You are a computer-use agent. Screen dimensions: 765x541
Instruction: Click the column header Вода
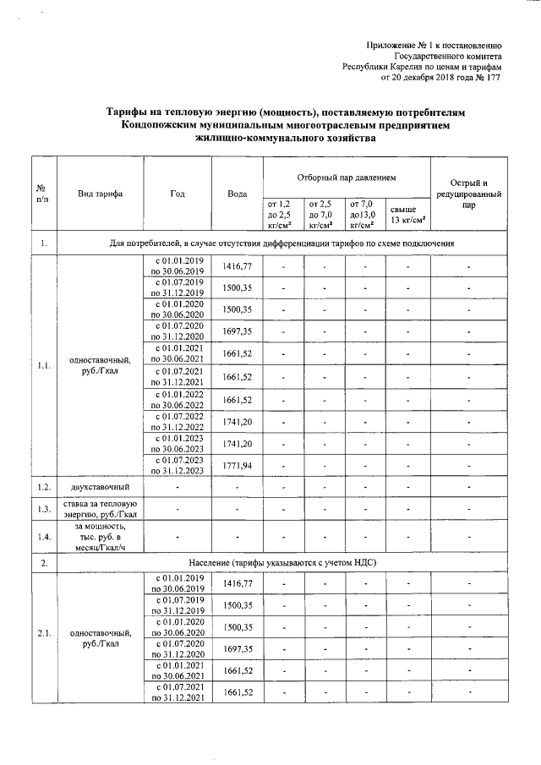pyautogui.click(x=238, y=194)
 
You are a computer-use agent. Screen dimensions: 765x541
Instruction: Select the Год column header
pyautogui.click(x=177, y=194)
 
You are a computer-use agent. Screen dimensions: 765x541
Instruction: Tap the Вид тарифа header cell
pyautogui.click(x=101, y=194)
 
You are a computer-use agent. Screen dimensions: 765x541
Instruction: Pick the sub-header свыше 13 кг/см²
pyautogui.click(x=407, y=215)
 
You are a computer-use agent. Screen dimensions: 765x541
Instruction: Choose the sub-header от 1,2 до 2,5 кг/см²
pyautogui.click(x=279, y=215)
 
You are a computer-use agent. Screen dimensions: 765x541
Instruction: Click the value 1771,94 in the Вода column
pyautogui.click(x=238, y=465)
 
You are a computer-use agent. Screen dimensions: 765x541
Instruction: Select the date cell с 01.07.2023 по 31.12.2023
pyautogui.click(x=178, y=465)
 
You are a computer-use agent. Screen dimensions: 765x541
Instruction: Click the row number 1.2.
pyautogui.click(x=43, y=488)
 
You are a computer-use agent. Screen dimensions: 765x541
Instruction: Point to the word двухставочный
pyautogui.click(x=101, y=488)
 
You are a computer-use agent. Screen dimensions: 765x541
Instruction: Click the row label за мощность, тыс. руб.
pyautogui.click(x=101, y=537)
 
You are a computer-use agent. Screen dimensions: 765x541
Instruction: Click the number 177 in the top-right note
pyautogui.click(x=495, y=78)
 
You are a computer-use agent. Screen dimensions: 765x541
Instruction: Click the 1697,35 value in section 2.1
pyautogui.click(x=238, y=648)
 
